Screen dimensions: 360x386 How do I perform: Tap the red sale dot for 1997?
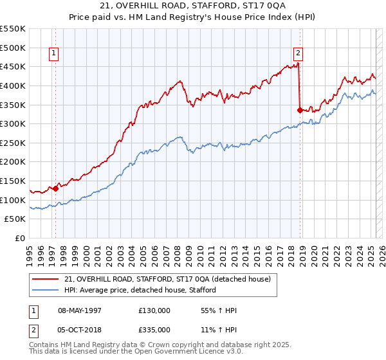point(56,188)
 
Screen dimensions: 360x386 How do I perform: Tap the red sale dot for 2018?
point(300,110)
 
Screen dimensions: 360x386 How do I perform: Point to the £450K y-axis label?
point(13,66)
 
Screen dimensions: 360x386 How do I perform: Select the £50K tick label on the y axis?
point(15,219)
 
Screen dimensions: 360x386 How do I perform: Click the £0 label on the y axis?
point(20,239)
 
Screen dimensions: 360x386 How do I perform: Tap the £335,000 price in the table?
point(154,329)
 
